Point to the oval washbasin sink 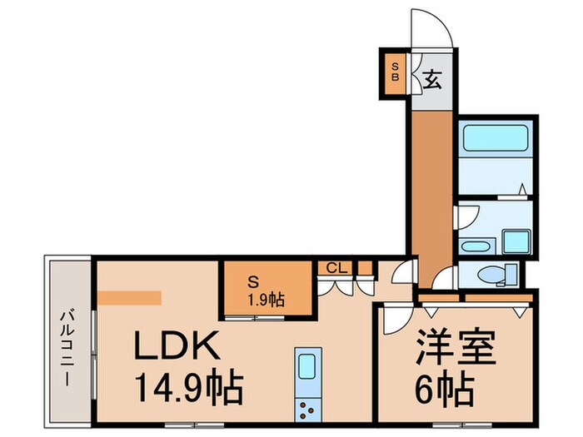tap(476, 247)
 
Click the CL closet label tap(336, 268)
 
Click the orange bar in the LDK tap(129, 296)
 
